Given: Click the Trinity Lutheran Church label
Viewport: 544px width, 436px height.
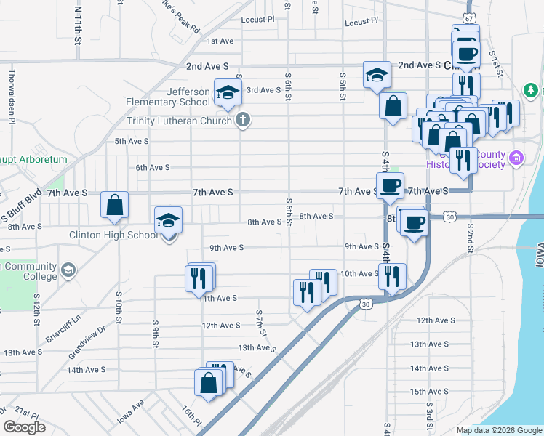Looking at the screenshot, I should [x=180, y=121].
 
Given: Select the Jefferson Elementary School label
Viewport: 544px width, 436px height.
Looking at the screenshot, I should [x=178, y=97].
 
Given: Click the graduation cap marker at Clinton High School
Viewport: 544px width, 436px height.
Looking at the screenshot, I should [x=168, y=219].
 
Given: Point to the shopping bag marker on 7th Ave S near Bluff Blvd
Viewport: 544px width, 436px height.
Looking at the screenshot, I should [x=115, y=206].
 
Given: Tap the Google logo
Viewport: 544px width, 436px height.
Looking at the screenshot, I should [x=24, y=427].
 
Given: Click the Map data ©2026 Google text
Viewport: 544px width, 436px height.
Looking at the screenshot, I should [x=499, y=430].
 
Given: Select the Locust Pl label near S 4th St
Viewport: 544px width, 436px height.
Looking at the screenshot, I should [x=361, y=23].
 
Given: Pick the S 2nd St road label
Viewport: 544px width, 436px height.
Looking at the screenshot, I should [x=470, y=238].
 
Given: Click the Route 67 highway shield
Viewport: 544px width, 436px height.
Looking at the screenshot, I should [x=468, y=18].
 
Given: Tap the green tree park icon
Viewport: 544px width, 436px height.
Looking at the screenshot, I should [x=532, y=90].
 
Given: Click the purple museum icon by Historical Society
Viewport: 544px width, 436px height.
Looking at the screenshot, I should [x=516, y=157].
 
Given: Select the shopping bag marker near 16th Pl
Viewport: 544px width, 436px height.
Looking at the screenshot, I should [x=208, y=382].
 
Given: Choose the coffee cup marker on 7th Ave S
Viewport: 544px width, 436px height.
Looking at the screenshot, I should [x=391, y=185].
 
